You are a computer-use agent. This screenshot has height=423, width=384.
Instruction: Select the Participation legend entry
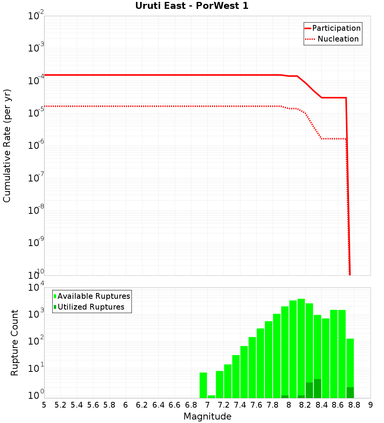pos(333,28)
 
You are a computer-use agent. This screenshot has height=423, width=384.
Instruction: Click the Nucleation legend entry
pos(333,39)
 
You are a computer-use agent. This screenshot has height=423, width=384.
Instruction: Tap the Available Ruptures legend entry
pos(92,296)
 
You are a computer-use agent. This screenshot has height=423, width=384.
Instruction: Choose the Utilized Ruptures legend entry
pos(89,307)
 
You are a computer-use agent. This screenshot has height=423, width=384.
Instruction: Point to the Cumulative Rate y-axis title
pos(7,146)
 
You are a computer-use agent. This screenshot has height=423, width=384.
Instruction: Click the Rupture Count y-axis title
pos(15,343)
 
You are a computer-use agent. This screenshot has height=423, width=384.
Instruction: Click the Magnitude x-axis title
pos(207,416)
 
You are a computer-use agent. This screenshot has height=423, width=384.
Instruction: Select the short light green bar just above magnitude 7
pos(211,396)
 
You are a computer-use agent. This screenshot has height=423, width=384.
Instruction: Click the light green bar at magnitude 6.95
pos(203,385)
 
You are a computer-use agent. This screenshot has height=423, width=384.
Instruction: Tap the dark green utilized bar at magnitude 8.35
pos(317,388)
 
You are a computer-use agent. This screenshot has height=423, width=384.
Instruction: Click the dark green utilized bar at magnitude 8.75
pos(350,393)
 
